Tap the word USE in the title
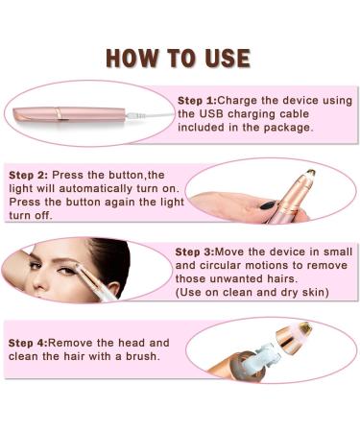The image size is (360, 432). (226, 57)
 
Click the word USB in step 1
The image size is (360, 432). (195, 113)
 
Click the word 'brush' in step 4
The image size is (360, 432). (139, 356)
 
